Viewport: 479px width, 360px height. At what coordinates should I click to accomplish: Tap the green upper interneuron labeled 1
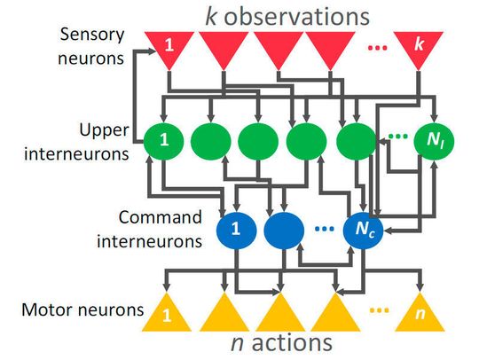166,141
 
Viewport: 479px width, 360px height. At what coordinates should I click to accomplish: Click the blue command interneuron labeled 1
236,229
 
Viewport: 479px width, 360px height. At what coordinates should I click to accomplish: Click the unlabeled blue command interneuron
281,229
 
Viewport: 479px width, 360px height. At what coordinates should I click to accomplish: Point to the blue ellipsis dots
323,229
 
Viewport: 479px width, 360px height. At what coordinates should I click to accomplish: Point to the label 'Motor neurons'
72,311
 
